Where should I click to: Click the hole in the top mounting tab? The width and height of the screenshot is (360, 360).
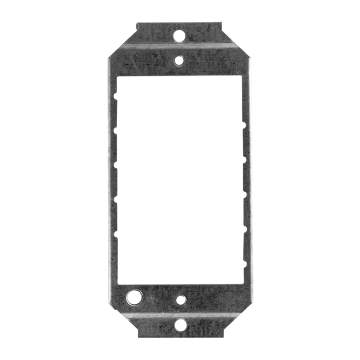pyautogui.click(x=179, y=35)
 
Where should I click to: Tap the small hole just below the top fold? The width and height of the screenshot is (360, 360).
pyautogui.click(x=179, y=60)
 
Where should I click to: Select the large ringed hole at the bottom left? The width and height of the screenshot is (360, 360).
pyautogui.click(x=135, y=297)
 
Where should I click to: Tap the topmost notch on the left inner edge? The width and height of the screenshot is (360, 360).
pyautogui.click(x=116, y=97)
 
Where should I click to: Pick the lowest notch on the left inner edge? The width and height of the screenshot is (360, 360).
pyautogui.click(x=116, y=233)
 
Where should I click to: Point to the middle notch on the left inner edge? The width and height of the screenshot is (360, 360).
pyautogui.click(x=116, y=165)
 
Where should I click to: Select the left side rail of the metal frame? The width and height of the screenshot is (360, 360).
pyautogui.click(x=112, y=178)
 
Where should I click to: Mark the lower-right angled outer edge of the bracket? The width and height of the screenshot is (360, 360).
pyautogui.click(x=237, y=319)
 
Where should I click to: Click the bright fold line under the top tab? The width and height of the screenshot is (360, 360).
pyautogui.click(x=179, y=45)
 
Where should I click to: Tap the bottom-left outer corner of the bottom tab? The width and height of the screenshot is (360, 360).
pyautogui.click(x=138, y=337)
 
